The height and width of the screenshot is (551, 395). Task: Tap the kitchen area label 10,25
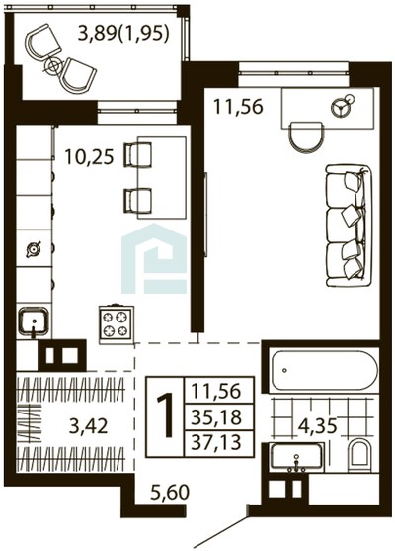[90, 157]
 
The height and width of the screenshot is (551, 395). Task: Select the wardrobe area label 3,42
[89, 426]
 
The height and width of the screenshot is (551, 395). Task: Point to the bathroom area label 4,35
[317, 426]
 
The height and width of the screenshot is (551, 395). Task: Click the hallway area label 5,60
[170, 492]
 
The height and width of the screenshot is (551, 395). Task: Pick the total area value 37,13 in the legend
[217, 443]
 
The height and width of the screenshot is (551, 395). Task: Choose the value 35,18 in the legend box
[217, 417]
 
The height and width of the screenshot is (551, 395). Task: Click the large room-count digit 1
[165, 415]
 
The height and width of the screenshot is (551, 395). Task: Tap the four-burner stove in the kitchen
[117, 324]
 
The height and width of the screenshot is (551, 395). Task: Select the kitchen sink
[34, 321]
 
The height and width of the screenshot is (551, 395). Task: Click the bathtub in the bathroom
[325, 370]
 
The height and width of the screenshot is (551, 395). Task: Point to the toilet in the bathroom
[359, 455]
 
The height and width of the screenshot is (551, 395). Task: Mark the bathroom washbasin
[296, 457]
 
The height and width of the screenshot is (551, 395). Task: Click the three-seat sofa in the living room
[349, 227]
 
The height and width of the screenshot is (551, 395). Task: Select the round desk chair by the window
[305, 138]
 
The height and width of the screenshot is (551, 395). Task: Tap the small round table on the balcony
[53, 65]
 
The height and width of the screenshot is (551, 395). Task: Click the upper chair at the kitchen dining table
[137, 154]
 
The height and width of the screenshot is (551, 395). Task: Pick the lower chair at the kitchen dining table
[137, 201]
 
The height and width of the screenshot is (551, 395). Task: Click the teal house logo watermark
[154, 258]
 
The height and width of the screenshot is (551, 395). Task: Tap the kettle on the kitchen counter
[34, 249]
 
